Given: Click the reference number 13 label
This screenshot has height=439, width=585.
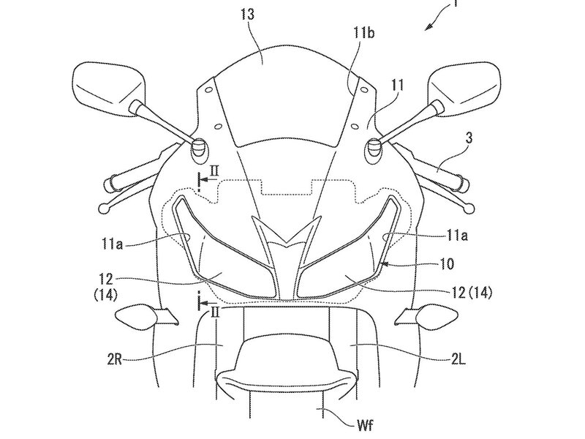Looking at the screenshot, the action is click(247, 14).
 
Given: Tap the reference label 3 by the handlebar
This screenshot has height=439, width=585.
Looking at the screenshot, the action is click(469, 138).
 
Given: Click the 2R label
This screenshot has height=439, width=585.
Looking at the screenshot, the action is click(114, 360).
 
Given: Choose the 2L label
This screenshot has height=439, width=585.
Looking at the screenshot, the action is click(458, 360).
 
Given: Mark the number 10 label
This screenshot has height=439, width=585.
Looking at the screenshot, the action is click(445, 264).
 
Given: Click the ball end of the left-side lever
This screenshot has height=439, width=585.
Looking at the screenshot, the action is click(104, 209).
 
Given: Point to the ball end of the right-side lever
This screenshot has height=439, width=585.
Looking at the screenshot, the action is click(469, 209).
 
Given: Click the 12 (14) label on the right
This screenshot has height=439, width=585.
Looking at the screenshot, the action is click(471, 292).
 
